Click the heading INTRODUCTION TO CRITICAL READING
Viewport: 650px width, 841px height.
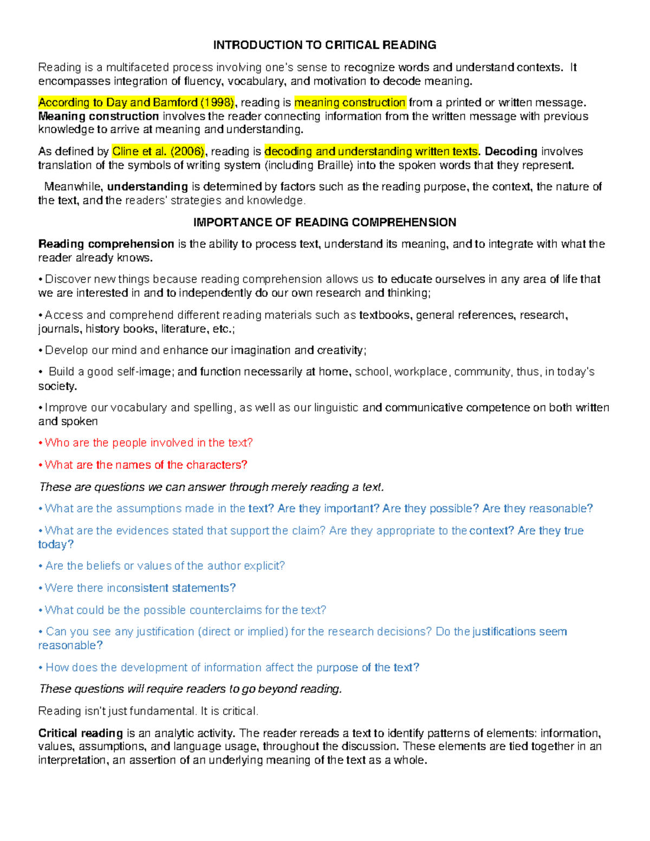(324, 45)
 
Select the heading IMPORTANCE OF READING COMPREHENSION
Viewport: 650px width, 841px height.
(324, 223)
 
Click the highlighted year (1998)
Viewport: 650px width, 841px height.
(217, 103)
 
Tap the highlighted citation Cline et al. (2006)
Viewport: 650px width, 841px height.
(159, 152)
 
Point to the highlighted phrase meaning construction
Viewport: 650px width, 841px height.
(350, 103)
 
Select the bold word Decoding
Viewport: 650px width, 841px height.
(511, 152)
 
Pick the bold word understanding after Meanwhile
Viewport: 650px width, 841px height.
(147, 187)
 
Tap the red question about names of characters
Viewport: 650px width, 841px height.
(146, 465)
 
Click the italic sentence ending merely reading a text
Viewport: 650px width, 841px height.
(211, 487)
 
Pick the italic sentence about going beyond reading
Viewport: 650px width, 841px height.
(190, 689)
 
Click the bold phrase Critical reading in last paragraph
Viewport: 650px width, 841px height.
(81, 733)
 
